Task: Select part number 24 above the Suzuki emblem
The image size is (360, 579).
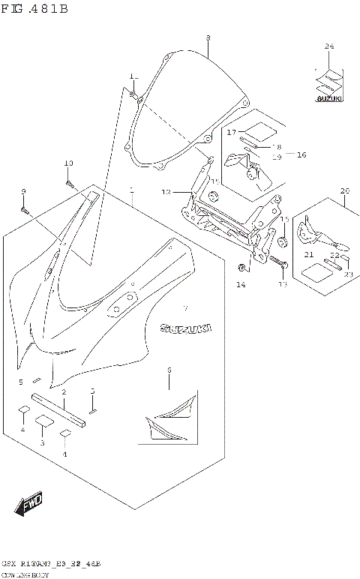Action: click(x=328, y=46)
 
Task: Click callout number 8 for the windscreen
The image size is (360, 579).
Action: click(x=208, y=37)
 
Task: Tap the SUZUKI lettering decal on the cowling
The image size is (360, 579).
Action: click(x=184, y=328)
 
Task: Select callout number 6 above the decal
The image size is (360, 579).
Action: click(x=169, y=370)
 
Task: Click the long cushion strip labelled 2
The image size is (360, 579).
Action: click(x=60, y=412)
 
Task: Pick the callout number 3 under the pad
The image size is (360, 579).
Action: click(x=43, y=443)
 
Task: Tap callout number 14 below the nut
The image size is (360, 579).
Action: click(x=241, y=285)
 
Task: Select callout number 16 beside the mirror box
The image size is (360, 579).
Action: click(x=301, y=154)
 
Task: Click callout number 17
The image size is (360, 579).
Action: click(x=232, y=131)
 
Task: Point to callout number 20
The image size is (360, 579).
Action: click(x=344, y=190)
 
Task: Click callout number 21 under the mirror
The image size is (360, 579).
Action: click(x=308, y=255)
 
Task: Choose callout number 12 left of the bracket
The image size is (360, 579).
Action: click(x=166, y=192)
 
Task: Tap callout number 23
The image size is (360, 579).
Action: click(x=348, y=274)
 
